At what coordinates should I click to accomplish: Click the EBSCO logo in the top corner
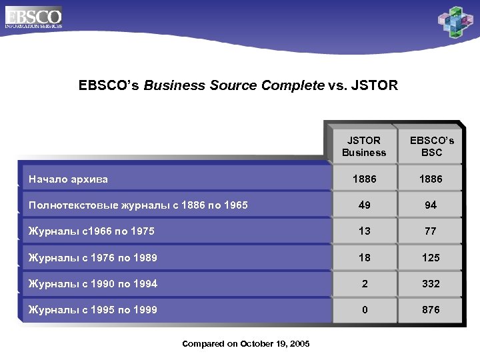click(x=33, y=17)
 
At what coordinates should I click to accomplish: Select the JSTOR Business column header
click(x=364, y=146)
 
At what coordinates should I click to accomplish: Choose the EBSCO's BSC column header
click(x=431, y=146)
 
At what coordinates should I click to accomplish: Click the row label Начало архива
click(x=68, y=179)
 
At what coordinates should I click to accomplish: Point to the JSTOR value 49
click(x=364, y=205)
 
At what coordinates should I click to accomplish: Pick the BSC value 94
click(x=431, y=205)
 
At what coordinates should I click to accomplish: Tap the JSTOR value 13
click(x=364, y=231)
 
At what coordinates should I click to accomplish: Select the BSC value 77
click(x=431, y=231)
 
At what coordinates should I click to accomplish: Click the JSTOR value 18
click(x=364, y=257)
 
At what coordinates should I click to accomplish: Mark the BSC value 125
click(x=431, y=257)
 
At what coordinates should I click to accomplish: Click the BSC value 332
click(x=431, y=283)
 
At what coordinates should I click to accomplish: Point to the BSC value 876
click(x=431, y=309)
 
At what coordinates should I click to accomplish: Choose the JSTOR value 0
click(x=364, y=309)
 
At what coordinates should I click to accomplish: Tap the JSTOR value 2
click(x=364, y=283)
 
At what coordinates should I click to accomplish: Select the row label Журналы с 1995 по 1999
click(x=93, y=309)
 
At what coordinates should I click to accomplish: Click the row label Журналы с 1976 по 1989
click(x=93, y=257)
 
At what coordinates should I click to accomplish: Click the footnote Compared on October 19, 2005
click(x=246, y=343)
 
